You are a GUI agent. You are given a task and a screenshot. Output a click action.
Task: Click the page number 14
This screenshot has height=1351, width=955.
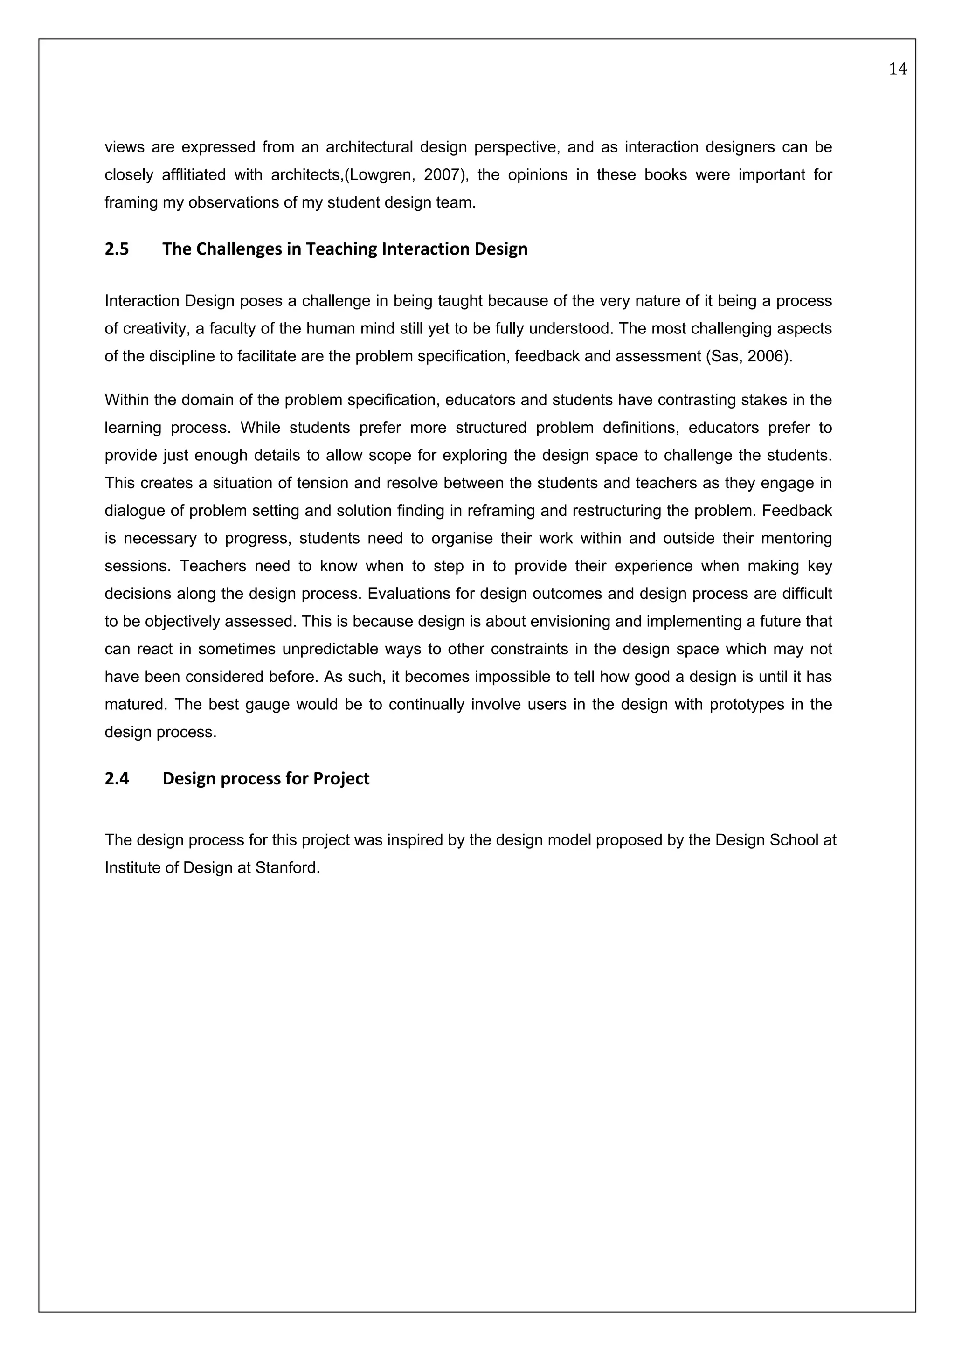click(x=897, y=69)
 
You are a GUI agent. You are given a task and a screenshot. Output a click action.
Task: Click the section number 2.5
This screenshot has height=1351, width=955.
click(x=117, y=249)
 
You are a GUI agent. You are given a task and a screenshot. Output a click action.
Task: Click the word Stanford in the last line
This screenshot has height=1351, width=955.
click(x=287, y=868)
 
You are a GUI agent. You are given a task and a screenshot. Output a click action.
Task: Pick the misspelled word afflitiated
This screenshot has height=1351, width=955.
click(x=188, y=175)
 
